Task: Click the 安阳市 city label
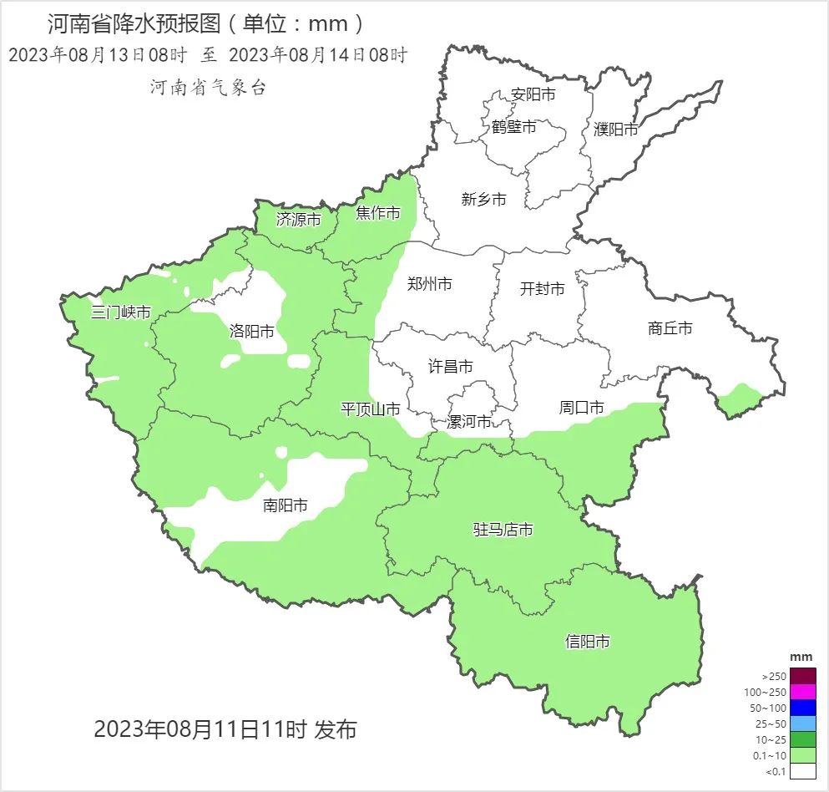tap(533, 95)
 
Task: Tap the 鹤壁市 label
tap(513, 127)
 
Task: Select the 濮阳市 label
tap(615, 129)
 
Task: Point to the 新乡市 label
tap(483, 199)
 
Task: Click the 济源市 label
tap(298, 220)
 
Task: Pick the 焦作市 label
tap(377, 213)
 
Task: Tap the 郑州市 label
tap(429, 284)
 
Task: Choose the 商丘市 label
tap(670, 328)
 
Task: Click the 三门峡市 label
tap(120, 312)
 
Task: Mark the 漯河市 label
tap(468, 421)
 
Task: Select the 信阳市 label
tap(587, 642)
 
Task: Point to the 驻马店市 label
tap(503, 529)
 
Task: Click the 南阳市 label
tap(285, 505)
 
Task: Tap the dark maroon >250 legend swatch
tap(802, 676)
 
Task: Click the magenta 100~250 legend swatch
tap(802, 692)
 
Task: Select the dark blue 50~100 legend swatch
tap(802, 708)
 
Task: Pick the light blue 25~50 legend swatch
tap(802, 723)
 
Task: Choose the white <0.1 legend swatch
tap(802, 771)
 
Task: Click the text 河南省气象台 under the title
tap(208, 87)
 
